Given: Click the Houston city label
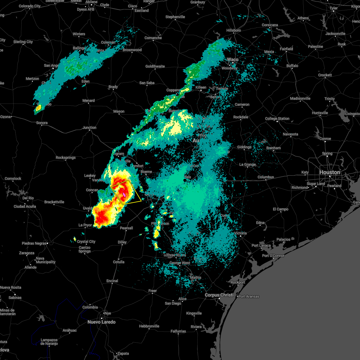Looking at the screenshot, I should pyautogui.click(x=329, y=172).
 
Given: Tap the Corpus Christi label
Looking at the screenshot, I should pyautogui.click(x=219, y=295).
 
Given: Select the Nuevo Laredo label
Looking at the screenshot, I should pyautogui.click(x=101, y=322).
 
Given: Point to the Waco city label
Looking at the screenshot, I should pyautogui.click(x=232, y=59).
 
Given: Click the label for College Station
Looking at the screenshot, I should pyautogui.click(x=277, y=118).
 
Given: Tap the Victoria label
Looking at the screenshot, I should pyautogui.click(x=240, y=233).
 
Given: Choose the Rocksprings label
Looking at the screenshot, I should pyautogui.click(x=66, y=157).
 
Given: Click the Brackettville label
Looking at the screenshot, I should pyautogui.click(x=54, y=202).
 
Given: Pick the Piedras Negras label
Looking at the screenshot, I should pyautogui.click(x=34, y=243).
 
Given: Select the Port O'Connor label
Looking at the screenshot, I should pyautogui.click(x=273, y=256).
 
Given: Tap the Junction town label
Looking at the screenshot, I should pyautogui.click(x=89, y=127).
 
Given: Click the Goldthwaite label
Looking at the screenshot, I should pyautogui.click(x=155, y=66).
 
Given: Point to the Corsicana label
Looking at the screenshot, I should pyautogui.click(x=270, y=25).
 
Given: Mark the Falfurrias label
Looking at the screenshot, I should pyautogui.click(x=178, y=331).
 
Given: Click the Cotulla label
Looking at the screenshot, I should pyautogui.click(x=118, y=262).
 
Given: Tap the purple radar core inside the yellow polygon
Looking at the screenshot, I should pyautogui.click(x=124, y=195).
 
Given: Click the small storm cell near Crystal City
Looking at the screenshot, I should pyautogui.click(x=74, y=239).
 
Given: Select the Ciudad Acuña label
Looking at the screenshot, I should pyautogui.click(x=25, y=206).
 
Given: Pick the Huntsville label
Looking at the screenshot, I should pyautogui.click(x=320, y=113).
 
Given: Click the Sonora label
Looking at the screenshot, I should pyautogui.click(x=42, y=123).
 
